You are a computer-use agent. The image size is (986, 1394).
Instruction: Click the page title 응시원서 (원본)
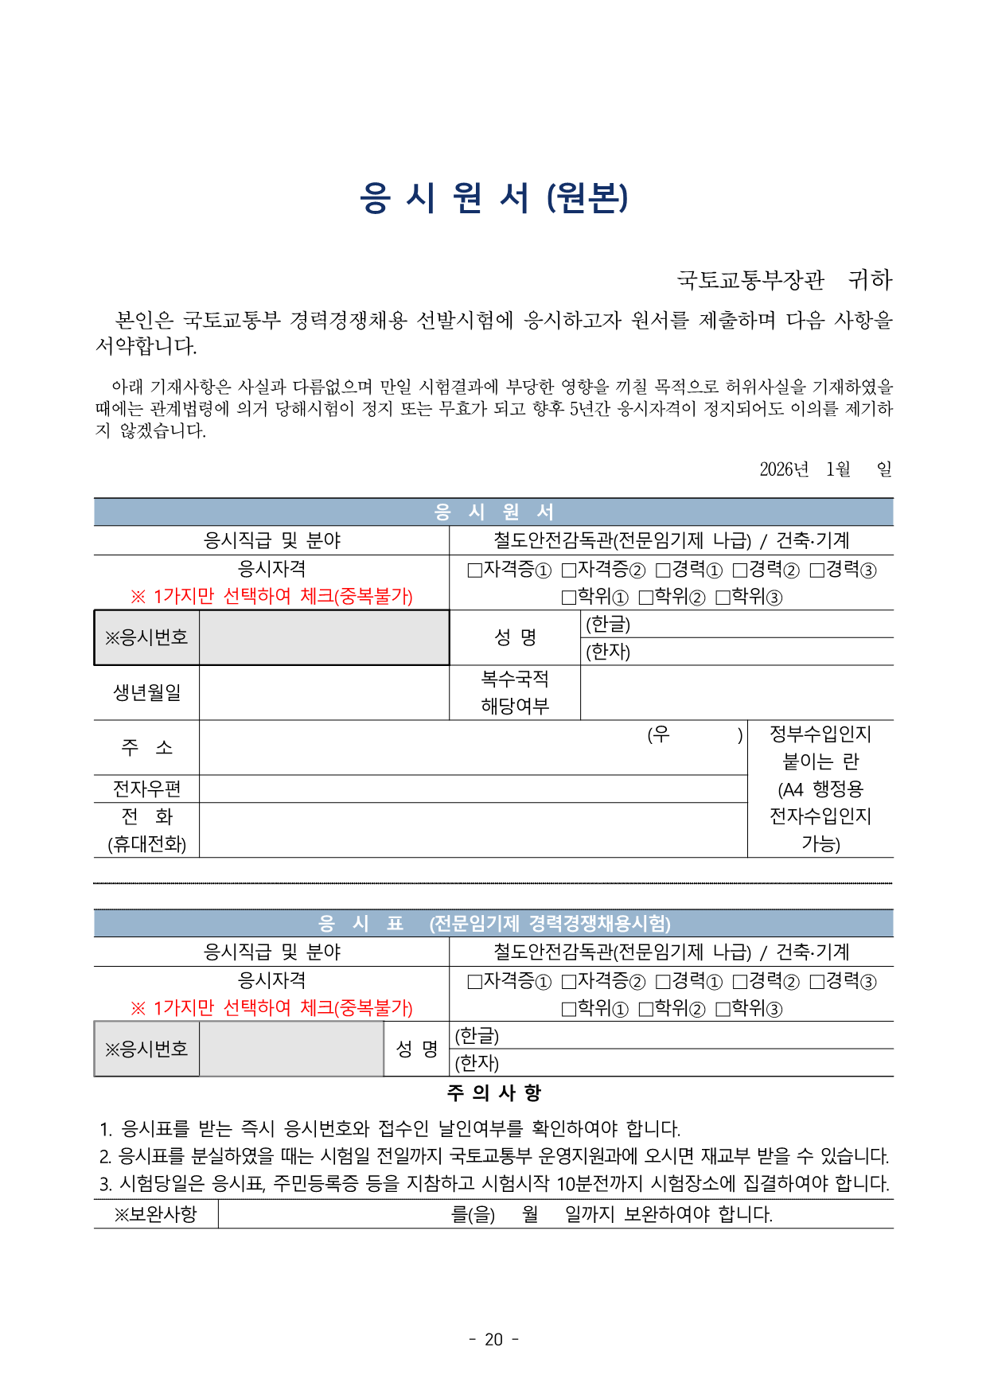pos(493,197)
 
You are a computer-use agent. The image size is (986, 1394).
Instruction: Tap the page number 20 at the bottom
pos(493,1339)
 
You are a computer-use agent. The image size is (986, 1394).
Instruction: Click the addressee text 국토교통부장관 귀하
pos(784,280)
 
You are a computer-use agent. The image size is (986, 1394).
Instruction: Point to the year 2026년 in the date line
pos(783,469)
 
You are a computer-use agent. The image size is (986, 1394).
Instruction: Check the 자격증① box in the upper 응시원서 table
pos(475,570)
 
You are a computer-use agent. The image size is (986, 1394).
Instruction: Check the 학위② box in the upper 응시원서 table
pos(646,598)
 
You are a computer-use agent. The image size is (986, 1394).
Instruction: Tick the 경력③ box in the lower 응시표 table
pos(817,982)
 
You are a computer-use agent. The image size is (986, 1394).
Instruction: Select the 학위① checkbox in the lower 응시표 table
pos(569,1009)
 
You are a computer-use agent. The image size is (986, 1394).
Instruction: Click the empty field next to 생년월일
pos(324,692)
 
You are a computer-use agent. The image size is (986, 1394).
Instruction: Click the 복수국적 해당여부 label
pos(515,692)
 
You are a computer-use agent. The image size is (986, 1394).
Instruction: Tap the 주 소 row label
pos(146,747)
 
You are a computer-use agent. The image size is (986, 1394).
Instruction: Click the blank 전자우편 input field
pos(473,789)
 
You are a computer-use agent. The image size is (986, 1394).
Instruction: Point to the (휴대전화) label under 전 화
pos(146,844)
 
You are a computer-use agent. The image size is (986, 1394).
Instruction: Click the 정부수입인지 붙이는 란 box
pos(820,789)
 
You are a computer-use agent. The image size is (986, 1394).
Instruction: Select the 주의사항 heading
pos(493,1092)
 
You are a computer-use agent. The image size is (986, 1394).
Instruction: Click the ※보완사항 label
pos(155,1214)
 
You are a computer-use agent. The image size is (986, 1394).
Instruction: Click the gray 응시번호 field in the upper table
pos(324,637)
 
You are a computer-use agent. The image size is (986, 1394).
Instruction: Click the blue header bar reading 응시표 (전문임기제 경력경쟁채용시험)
pos(493,923)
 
